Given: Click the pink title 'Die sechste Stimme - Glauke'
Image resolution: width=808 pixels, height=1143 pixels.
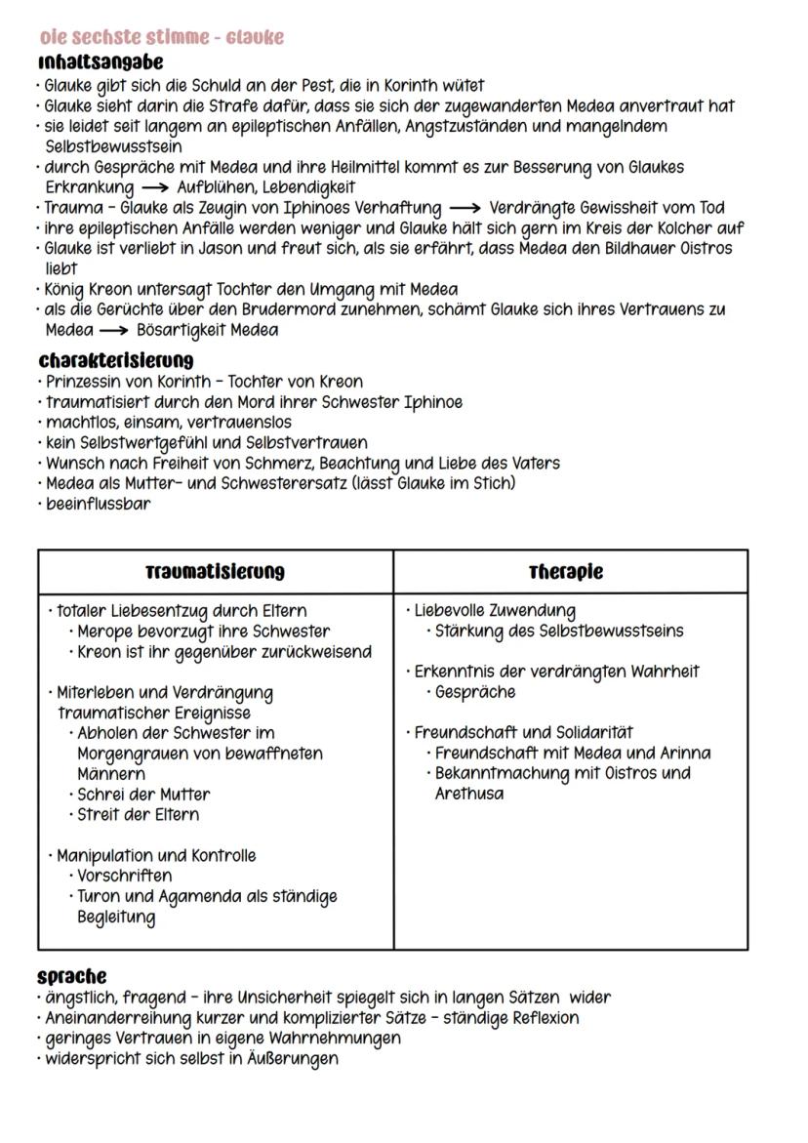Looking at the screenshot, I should (161, 37).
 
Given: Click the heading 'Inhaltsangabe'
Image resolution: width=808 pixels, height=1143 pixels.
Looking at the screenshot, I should (101, 61).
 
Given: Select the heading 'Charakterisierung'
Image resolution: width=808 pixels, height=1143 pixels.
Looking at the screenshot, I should (116, 360).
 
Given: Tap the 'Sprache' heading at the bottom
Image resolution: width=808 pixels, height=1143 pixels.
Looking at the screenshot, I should (72, 976).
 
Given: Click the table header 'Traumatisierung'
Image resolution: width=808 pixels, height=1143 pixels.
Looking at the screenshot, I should (216, 572).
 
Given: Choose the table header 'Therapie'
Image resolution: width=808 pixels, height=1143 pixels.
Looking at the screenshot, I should (566, 572).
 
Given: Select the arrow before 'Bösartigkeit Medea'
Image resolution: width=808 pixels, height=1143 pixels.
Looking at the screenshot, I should (114, 330).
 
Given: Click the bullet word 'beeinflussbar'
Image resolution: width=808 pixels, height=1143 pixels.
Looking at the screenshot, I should (99, 504).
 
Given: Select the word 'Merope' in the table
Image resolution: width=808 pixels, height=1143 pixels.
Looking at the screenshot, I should (105, 632).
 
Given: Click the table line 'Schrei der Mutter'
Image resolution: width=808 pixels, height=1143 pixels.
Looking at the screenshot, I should (143, 794).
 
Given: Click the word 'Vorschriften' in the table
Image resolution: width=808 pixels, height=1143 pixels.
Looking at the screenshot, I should (124, 876).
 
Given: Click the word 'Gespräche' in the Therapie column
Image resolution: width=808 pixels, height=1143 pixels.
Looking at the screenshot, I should (475, 692).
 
